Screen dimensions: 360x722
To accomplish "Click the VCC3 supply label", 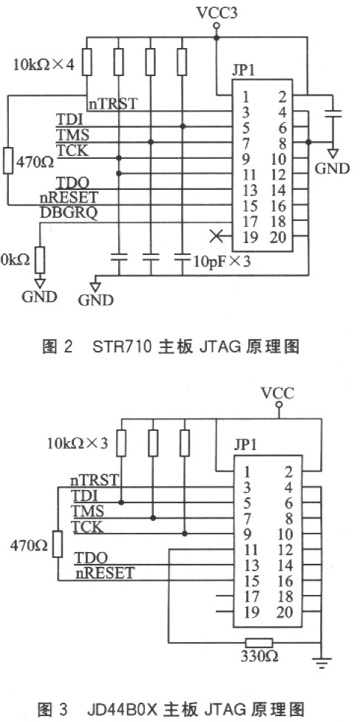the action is click(x=217, y=13).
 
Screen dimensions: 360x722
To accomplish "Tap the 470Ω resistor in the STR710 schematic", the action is click(x=8, y=160).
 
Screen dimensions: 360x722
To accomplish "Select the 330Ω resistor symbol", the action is click(x=259, y=642).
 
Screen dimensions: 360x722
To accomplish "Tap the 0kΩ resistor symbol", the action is click(x=41, y=259).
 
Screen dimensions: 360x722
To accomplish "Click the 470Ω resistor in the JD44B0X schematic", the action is click(x=58, y=544).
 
